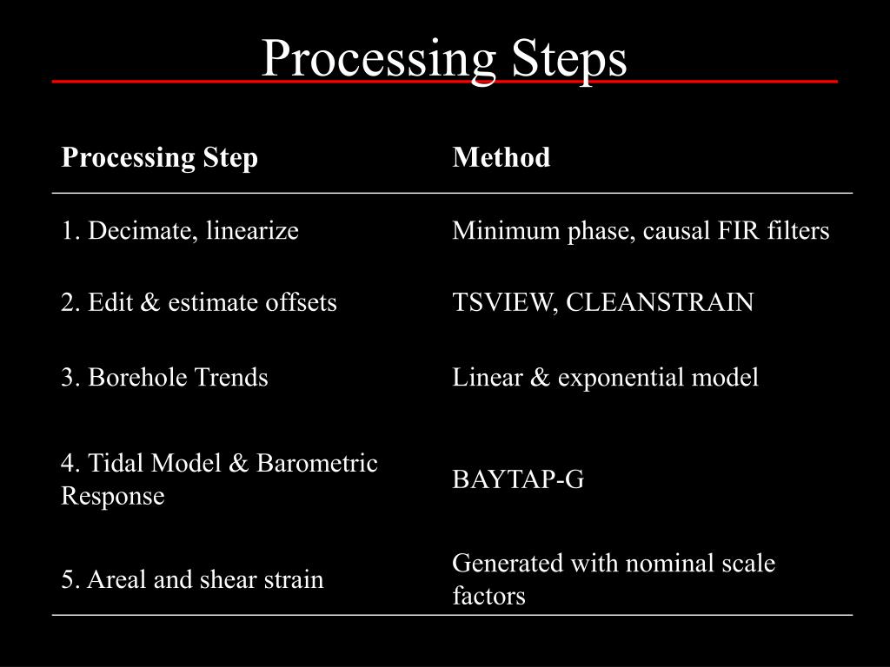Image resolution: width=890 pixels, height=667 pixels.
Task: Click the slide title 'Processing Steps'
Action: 444,59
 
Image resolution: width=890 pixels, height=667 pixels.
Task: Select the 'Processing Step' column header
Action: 159,158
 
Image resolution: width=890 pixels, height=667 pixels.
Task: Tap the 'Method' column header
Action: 501,158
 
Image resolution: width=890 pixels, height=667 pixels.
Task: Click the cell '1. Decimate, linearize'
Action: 180,231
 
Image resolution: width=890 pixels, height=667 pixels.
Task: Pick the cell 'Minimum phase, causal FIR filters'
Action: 641,231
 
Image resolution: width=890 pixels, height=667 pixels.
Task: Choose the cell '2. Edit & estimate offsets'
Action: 199,302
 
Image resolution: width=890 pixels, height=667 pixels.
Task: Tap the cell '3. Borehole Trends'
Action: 164,377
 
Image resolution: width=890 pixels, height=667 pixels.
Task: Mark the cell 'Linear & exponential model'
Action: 605,377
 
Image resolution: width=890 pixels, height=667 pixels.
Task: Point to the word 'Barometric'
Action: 317,463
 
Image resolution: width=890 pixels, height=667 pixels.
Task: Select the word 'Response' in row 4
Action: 112,497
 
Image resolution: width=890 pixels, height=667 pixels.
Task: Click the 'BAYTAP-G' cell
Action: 518,479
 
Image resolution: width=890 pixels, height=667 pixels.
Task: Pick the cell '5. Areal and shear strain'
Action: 192,579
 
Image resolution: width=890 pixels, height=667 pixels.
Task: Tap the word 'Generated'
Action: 508,563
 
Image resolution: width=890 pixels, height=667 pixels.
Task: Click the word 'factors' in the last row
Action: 488,597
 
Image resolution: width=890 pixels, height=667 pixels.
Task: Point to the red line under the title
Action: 444,82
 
